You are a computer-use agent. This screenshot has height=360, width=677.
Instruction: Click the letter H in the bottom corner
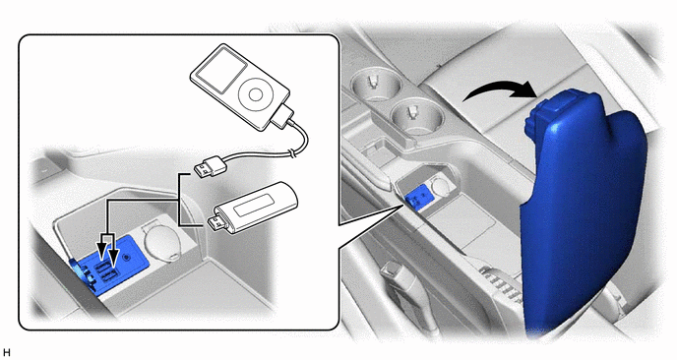(6, 353)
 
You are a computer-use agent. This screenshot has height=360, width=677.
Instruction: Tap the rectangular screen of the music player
(219, 71)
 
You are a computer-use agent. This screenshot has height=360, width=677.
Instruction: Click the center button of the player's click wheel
(255, 94)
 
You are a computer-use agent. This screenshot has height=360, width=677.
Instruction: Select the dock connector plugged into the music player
(282, 116)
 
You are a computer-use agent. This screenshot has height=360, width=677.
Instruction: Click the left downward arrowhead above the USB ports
(101, 251)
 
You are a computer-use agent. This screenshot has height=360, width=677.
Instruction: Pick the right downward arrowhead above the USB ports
(113, 258)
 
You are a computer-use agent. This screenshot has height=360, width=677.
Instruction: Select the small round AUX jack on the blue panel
(127, 258)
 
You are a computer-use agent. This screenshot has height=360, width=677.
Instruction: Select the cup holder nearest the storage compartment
(416, 115)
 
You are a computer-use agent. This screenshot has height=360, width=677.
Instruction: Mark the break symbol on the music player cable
(293, 152)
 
